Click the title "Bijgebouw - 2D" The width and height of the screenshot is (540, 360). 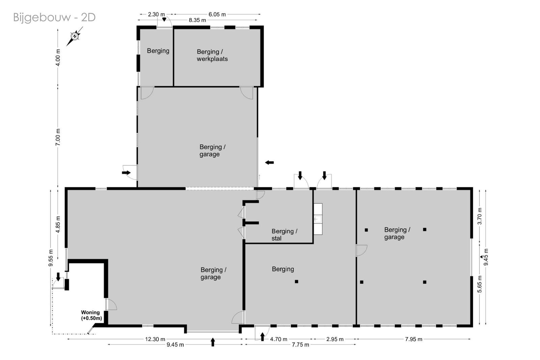tap(54, 17)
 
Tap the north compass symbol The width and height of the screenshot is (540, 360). tap(75, 36)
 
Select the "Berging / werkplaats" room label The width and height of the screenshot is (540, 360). tap(212, 55)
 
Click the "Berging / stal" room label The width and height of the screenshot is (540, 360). tap(285, 235)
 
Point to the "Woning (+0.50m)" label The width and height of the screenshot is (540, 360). tap(91, 315)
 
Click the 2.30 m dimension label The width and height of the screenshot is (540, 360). tap(157, 15)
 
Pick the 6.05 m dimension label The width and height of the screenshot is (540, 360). tap(217, 15)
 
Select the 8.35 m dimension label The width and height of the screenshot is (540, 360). tap(197, 20)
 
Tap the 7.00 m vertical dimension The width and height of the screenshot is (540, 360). tap(58, 137)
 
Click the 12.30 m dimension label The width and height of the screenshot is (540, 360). tap(155, 339)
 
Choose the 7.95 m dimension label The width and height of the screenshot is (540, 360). tap(414, 339)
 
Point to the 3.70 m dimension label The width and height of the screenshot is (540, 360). tap(480, 216)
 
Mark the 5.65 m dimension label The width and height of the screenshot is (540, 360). tap(480, 284)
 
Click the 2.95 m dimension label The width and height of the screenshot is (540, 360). tap(335, 339)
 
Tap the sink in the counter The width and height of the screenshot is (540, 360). tap(318, 219)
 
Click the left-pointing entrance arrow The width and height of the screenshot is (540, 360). tap(269, 163)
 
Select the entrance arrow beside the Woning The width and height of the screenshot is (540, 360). tap(58, 277)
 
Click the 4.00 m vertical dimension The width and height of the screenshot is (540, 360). tap(58, 57)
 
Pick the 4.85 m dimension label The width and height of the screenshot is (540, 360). tap(58, 225)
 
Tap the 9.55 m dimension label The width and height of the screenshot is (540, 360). tap(51, 258)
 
